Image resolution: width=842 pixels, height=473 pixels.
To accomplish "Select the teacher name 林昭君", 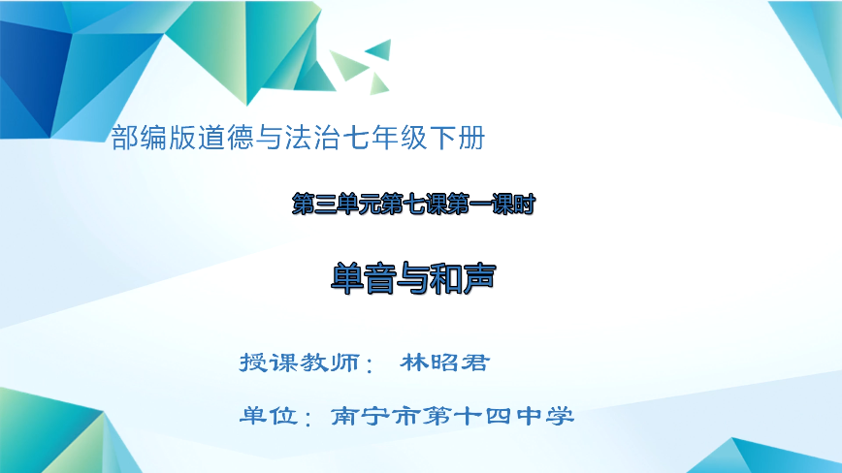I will pos(445,363).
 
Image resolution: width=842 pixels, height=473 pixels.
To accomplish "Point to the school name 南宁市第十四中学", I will pos(452,417).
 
